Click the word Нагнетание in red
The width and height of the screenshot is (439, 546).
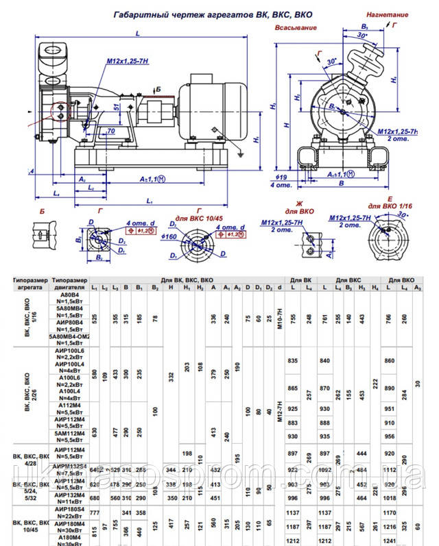(x=388, y=14)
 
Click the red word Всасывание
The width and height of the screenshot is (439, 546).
(x=295, y=27)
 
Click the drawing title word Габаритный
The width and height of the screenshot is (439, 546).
(x=139, y=13)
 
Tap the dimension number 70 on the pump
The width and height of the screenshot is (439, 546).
(x=110, y=129)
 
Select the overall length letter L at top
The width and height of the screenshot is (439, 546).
(x=139, y=33)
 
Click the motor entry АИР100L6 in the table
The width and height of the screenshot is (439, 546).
(x=71, y=350)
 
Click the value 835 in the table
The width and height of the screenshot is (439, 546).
(x=294, y=360)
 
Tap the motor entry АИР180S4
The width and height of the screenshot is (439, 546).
(x=71, y=509)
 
